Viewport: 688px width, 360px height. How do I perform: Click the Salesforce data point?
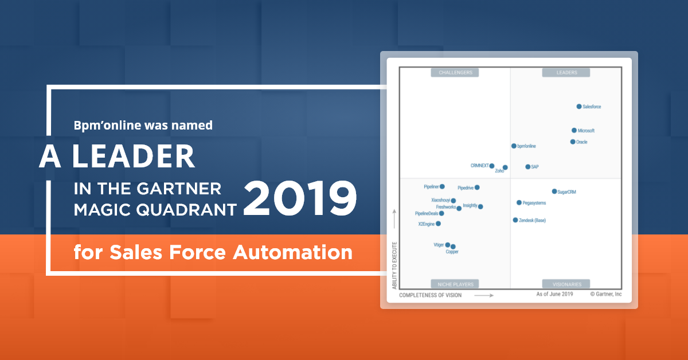(579, 107)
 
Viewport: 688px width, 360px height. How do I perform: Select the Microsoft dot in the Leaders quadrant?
(574, 131)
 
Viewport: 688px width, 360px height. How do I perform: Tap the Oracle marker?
(573, 142)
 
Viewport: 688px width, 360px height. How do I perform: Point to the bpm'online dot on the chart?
(514, 146)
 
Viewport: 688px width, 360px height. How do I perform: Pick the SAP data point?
(527, 167)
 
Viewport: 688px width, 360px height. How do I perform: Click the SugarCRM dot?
(554, 191)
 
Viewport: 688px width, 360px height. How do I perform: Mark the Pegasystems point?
(519, 203)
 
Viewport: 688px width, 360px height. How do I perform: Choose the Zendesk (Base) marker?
(515, 220)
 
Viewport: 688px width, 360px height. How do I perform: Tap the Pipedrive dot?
(477, 187)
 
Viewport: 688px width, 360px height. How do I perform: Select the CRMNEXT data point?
(492, 166)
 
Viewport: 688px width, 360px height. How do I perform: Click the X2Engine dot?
(439, 224)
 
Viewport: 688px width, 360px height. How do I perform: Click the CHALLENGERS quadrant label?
(455, 73)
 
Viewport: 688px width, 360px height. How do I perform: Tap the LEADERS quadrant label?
(566, 73)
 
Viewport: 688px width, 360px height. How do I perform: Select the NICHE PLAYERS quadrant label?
(455, 284)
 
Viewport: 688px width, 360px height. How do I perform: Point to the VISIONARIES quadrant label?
(566, 284)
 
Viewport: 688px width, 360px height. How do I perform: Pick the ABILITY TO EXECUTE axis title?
(394, 263)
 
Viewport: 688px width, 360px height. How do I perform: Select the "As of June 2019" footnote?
(554, 295)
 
